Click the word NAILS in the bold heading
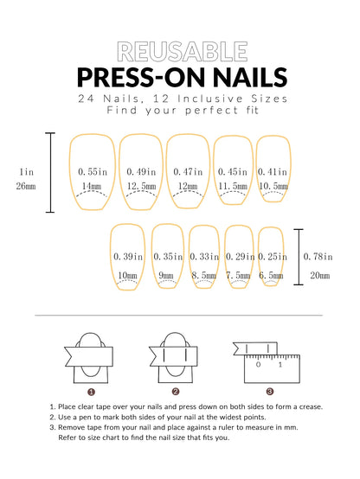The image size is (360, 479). tap(244, 77)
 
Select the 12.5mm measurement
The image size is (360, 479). tap(140, 186)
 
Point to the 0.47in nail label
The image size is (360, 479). tap(189, 172)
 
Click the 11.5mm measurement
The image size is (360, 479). tap(233, 186)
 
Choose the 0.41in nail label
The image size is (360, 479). tap(272, 172)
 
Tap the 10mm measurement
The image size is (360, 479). tap(127, 275)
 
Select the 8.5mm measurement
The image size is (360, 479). tap(204, 275)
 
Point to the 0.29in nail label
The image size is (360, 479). tap(240, 257)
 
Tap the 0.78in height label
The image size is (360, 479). tap(319, 257)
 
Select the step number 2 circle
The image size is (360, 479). tap(176, 391)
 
